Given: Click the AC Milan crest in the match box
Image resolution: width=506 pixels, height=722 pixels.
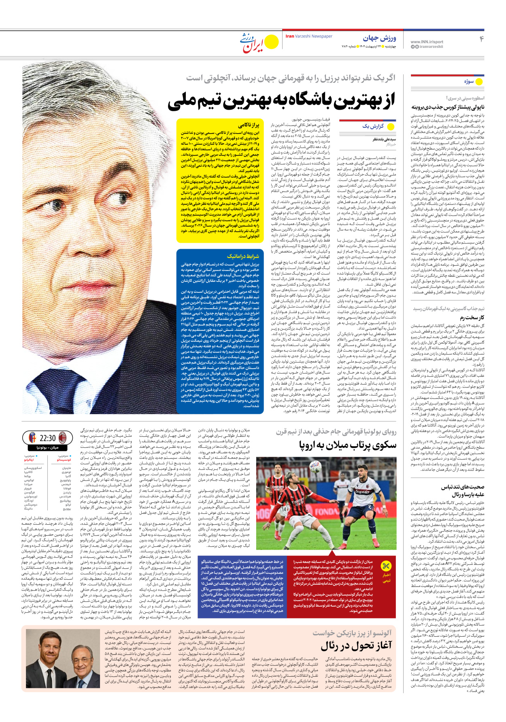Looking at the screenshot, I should [x=63, y=437].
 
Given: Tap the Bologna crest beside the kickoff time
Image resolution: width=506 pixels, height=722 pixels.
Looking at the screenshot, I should [x=32, y=437].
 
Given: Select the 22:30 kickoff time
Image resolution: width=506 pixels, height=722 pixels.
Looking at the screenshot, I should [x=48, y=438].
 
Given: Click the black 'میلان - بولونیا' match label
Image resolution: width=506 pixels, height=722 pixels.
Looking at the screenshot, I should [x=48, y=448].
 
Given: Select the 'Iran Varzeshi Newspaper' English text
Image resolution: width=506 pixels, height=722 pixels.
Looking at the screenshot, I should [x=309, y=36].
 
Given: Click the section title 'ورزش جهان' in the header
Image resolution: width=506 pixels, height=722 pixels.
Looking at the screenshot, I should [x=379, y=38].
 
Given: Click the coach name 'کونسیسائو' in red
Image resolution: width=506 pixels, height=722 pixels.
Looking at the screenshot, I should [x=64, y=460].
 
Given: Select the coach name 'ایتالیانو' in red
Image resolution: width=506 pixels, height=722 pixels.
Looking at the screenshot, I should [x=29, y=460].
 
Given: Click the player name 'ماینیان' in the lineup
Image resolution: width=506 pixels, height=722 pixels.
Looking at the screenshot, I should [x=66, y=468].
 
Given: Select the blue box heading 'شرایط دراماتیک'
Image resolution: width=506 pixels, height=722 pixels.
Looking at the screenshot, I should [x=243, y=256].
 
